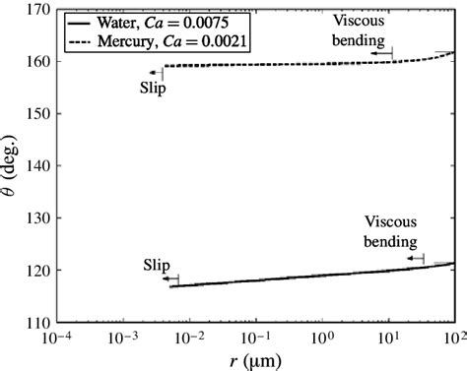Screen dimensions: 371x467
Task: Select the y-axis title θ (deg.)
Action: [11, 165]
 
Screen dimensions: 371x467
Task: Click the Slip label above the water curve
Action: [157, 265]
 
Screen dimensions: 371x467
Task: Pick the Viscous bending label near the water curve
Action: [392, 231]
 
